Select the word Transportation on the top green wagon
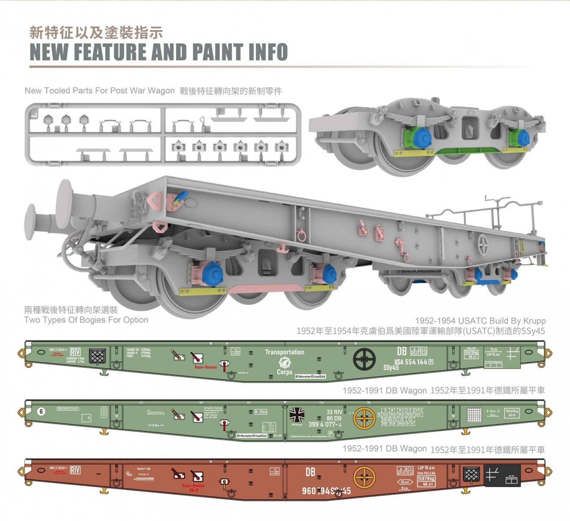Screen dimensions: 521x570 (284, 352)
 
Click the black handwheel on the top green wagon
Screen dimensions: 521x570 (364, 359)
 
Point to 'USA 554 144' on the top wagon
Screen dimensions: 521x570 (410, 362)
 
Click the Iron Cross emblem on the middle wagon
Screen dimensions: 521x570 (297, 415)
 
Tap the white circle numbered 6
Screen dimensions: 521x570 (41, 411)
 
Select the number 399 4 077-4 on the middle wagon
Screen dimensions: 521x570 (325, 425)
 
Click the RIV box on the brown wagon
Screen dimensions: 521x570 (75, 470)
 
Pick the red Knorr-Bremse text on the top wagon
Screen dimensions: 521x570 (206, 367)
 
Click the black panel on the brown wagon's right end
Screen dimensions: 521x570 (501, 476)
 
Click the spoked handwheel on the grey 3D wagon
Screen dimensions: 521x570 (482, 245)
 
